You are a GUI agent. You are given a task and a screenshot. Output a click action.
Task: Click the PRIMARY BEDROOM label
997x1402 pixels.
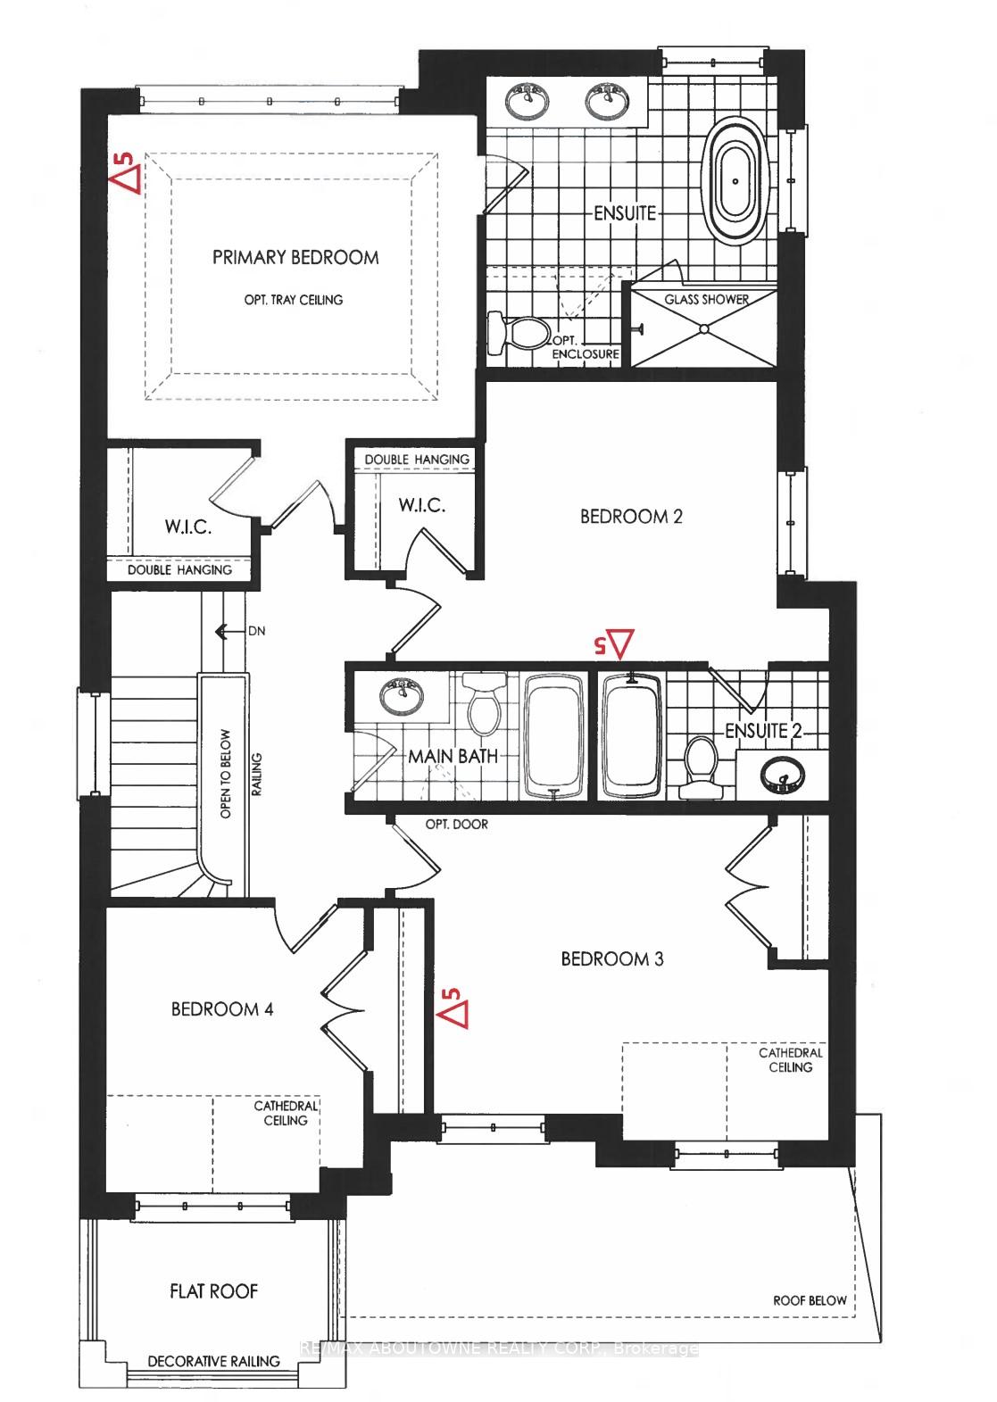295,257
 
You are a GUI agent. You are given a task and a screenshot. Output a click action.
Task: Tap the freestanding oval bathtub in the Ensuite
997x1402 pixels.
735,181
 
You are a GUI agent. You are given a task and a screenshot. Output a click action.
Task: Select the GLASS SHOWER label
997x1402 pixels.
707,300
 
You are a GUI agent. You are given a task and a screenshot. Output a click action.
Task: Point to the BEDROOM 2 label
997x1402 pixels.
631,517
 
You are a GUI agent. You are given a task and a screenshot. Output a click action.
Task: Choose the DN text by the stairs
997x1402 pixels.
256,631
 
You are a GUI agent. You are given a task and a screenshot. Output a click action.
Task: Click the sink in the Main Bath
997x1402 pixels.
401,697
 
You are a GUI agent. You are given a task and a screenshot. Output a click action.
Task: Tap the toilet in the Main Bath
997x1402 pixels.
484,703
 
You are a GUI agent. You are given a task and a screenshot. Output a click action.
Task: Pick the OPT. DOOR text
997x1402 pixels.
457,825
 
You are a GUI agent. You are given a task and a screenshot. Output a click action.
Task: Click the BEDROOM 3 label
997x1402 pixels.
612,958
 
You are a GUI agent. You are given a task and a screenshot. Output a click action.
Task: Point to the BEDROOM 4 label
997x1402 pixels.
222,1009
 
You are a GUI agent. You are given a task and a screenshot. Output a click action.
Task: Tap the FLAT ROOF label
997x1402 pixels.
214,1291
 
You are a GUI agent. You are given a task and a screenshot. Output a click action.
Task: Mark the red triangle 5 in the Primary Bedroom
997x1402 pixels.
125,174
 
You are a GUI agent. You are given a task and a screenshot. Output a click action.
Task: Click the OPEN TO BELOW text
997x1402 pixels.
225,774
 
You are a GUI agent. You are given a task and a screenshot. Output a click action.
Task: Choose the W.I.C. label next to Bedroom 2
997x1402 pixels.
422,505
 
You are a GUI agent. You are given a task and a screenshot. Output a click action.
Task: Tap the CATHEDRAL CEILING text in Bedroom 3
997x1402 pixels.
791,1059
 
